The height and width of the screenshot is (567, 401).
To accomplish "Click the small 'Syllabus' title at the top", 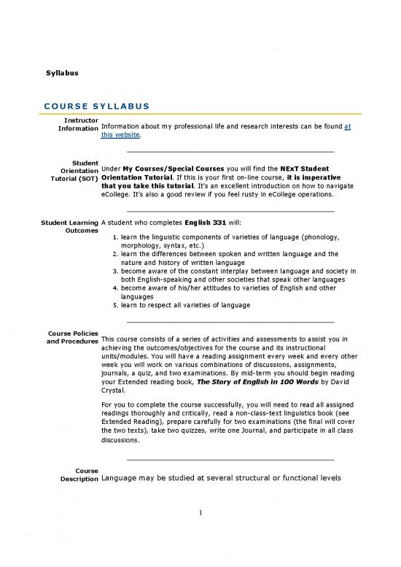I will (62, 74).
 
